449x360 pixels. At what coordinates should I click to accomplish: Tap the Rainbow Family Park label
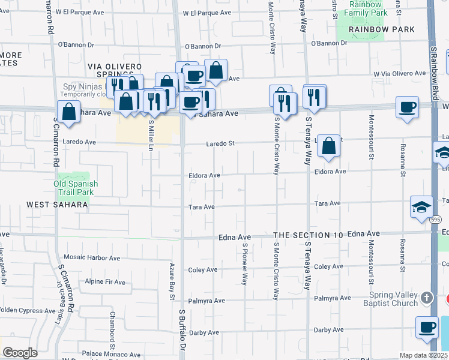[361, 8]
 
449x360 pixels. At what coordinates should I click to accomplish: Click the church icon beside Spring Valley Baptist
[427, 298]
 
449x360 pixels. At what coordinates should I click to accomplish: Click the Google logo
[20, 353]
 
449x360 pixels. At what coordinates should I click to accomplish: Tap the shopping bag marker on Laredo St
[328, 146]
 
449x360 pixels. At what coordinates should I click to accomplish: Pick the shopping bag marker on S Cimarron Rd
[69, 112]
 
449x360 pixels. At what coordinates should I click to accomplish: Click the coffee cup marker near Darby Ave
[427, 328]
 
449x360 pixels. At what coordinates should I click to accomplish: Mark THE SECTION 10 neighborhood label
[308, 235]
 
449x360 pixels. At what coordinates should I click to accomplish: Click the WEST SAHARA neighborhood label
[57, 205]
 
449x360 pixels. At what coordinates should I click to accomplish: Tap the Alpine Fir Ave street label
[105, 282]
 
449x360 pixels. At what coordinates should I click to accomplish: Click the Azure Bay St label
[172, 281]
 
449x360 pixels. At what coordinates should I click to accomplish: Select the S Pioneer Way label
[245, 264]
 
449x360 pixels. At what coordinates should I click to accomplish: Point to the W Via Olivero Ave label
[399, 73]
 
